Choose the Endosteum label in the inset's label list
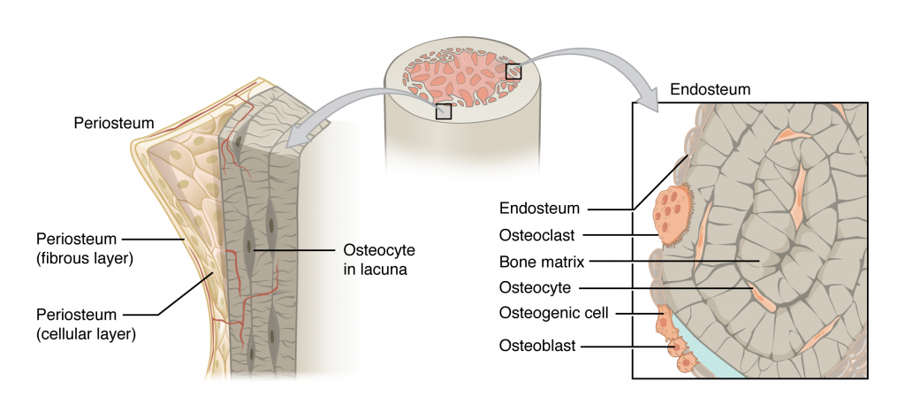[538, 209]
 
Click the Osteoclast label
[538, 235]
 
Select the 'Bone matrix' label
[539, 261]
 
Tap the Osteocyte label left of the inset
[536, 287]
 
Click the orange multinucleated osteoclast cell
[673, 213]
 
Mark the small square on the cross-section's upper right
[513, 71]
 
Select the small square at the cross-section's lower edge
[444, 111]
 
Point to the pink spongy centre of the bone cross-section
[468, 75]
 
